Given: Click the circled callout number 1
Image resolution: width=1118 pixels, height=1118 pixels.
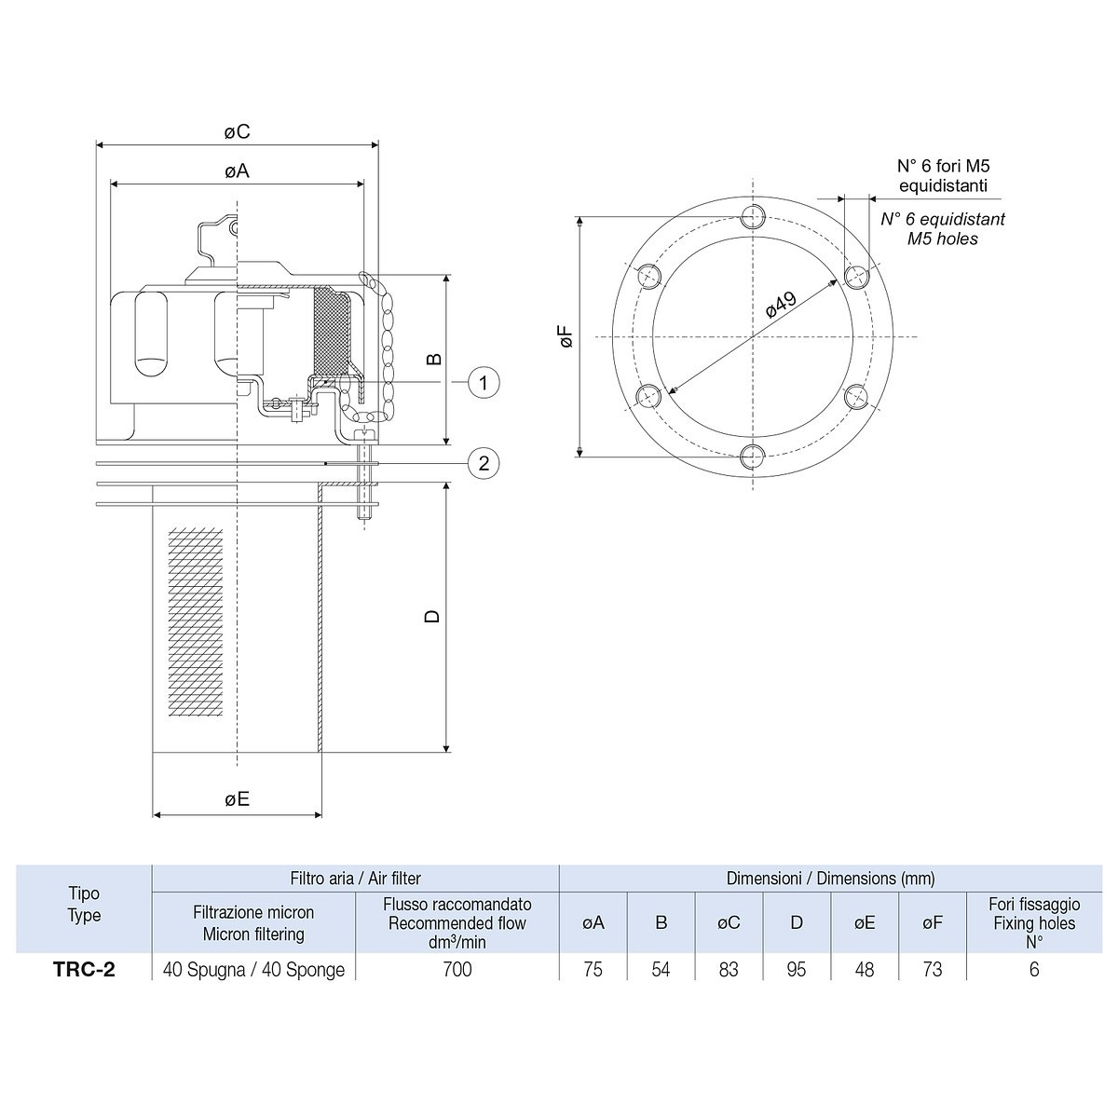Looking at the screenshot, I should [x=484, y=382].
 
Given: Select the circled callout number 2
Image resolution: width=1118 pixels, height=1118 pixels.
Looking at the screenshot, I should [x=484, y=463].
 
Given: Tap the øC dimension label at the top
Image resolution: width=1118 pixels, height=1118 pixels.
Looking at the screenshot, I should [x=238, y=132].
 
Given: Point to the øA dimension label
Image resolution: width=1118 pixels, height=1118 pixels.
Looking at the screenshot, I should [x=238, y=171].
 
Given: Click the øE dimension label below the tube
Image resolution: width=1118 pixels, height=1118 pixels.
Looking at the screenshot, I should [x=238, y=799].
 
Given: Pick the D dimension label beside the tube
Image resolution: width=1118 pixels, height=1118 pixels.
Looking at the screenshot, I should [x=432, y=617].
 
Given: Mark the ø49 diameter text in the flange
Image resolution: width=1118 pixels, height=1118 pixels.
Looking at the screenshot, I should [x=781, y=305].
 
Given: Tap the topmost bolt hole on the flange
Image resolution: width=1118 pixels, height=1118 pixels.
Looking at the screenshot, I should [x=754, y=218].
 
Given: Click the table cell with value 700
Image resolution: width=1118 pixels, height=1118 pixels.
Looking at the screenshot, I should [x=457, y=970].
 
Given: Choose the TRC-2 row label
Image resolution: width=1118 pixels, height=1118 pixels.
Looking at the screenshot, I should [x=84, y=970].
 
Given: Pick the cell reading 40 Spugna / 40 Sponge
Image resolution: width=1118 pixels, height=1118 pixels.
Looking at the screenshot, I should [x=253, y=970].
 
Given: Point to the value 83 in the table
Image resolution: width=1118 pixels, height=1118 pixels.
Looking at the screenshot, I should [x=729, y=970].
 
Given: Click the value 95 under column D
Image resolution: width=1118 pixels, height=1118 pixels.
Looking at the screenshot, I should [x=797, y=970].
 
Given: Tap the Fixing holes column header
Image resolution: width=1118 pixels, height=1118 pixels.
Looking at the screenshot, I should [x=1034, y=923].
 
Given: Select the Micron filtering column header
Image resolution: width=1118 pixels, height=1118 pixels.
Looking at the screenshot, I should [x=253, y=923].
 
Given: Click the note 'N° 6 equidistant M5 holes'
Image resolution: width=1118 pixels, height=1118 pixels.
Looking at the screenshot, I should [x=943, y=229].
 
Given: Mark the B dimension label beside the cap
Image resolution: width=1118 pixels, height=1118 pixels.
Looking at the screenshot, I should [x=432, y=360].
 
